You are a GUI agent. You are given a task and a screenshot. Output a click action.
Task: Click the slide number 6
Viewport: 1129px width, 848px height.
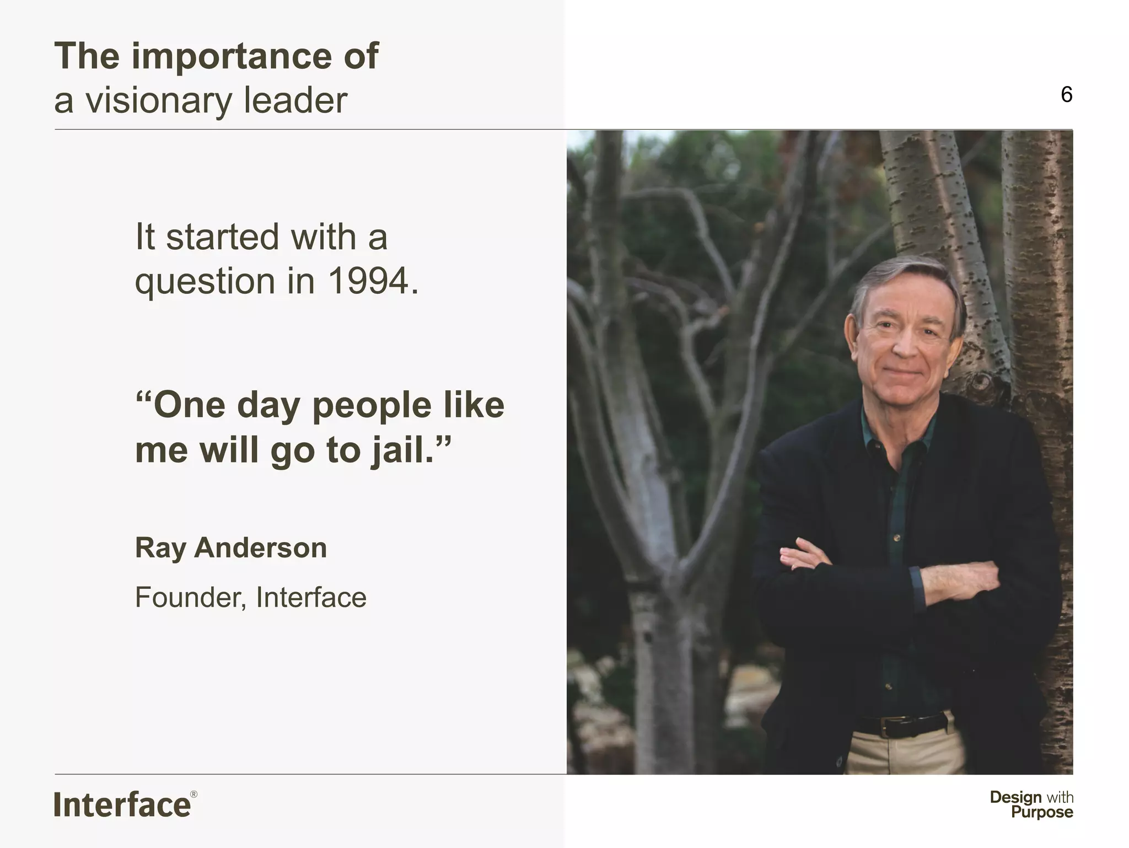point(1066,95)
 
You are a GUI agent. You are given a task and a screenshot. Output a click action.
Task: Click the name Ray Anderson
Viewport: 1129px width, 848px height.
point(231,548)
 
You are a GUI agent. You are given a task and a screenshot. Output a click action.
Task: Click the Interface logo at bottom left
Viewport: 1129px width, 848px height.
point(122,805)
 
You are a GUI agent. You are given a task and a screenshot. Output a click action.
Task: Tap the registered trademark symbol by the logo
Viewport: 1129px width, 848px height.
point(193,795)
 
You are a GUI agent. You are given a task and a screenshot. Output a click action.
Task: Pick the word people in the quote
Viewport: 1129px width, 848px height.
point(372,405)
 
